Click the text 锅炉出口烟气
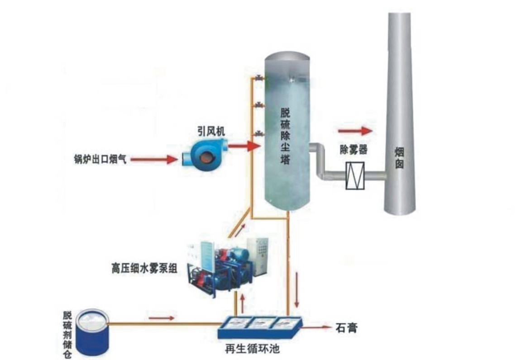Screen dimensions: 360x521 [100, 159]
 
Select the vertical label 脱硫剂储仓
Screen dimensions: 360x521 [68, 335]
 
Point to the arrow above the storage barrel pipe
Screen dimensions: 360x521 [161, 317]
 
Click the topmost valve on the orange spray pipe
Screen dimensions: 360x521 [258, 78]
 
